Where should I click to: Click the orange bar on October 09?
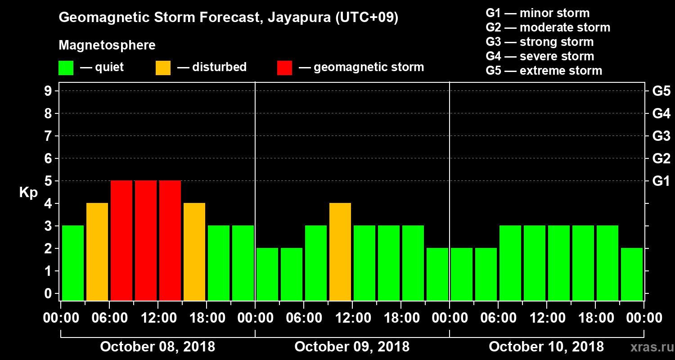[340, 252]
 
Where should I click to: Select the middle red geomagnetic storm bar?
[146, 241]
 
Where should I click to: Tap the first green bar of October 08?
[73, 263]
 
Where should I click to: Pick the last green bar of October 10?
[632, 274]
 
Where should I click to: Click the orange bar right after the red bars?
[194, 252]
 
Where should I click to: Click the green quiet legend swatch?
[66, 68]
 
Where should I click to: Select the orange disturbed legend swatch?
[163, 68]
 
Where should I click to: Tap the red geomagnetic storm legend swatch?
[284, 68]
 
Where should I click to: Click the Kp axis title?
[28, 193]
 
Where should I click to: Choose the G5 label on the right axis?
[661, 91]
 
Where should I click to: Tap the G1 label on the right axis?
[661, 181]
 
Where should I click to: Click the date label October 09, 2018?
[352, 347]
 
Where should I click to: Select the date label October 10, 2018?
[546, 347]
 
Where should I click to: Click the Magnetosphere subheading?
[107, 45]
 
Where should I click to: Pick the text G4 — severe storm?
[540, 56]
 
